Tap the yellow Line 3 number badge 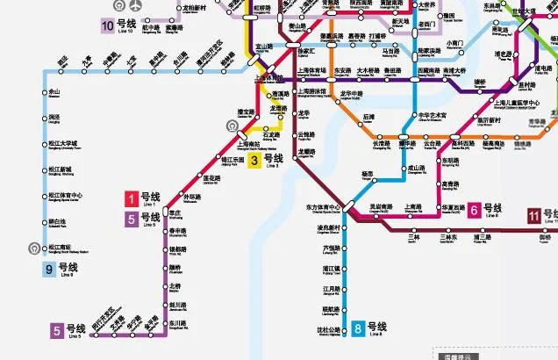point(254,160)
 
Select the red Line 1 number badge point(132,198)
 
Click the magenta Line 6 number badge point(474,209)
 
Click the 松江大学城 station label point(63,145)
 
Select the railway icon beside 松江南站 point(34,248)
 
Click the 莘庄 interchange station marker point(163,212)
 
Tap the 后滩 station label point(368,116)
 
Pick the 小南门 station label point(454,43)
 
